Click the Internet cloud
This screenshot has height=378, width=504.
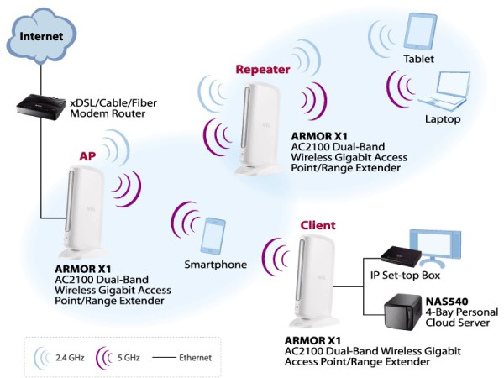pos(41,36)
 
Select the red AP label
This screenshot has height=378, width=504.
pos(87,156)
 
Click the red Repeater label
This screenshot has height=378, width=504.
pos(263,70)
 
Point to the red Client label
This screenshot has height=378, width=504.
pos(318,225)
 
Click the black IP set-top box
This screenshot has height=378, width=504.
pos(401,256)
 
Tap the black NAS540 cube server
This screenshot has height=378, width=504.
pos(402,312)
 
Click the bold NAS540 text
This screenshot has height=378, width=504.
pos(447,302)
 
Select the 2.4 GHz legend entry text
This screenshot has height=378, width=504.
pos(70,358)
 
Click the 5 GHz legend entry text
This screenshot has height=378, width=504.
pos(129,358)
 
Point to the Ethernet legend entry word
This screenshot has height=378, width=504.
pos(195,358)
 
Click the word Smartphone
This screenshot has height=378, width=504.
pos(216,265)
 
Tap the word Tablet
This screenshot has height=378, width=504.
pos(419,59)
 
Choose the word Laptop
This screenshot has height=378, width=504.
pos(443,119)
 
